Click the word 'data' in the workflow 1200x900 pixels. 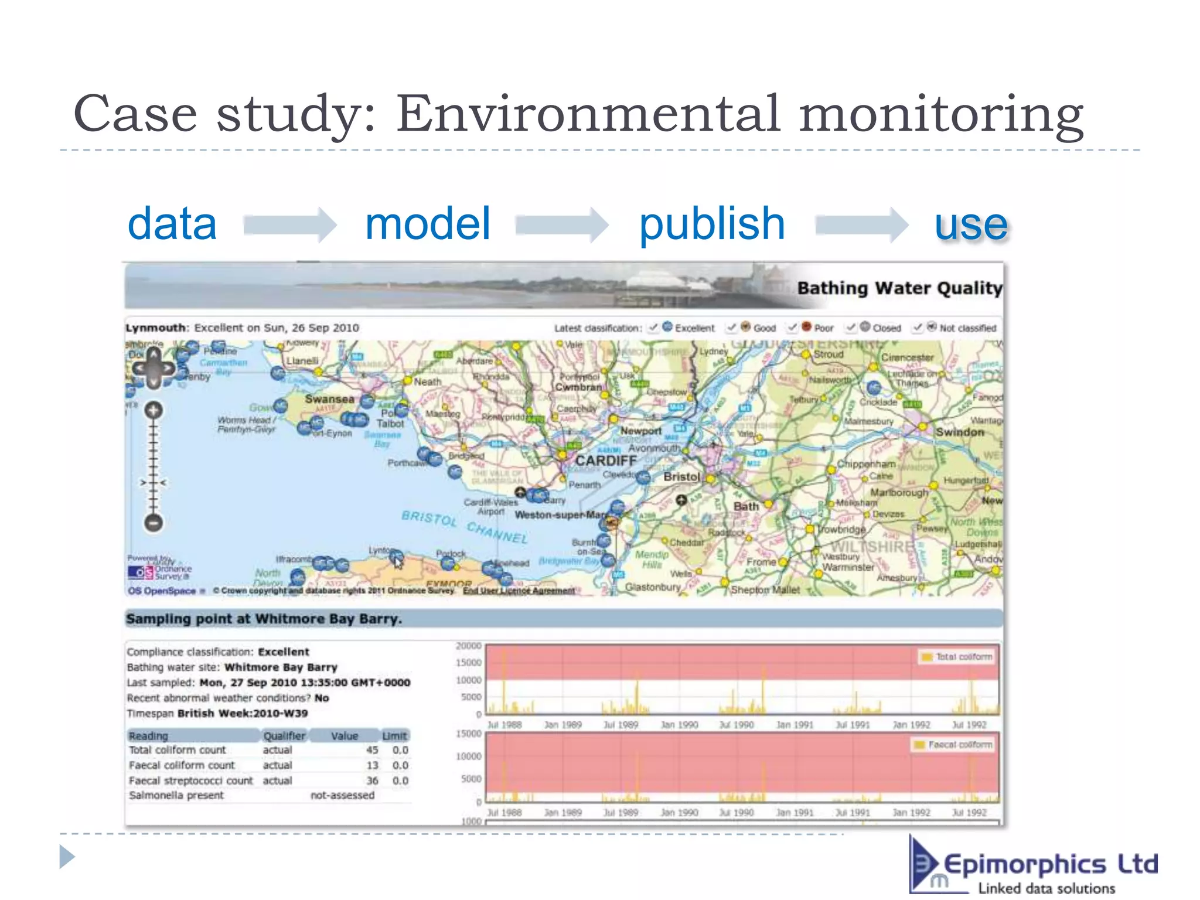pos(172,224)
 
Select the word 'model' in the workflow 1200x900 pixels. pos(427,224)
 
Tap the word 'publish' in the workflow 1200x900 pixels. pos(711,224)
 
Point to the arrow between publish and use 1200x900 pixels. pos(861,224)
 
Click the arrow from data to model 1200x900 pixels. pos(289,224)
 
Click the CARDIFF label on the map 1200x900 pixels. pos(605,461)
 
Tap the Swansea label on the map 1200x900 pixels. pos(329,399)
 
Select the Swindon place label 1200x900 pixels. pos(960,432)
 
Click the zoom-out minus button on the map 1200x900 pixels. pos(154,521)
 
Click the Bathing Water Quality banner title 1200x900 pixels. pos(899,288)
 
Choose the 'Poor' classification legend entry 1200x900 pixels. pos(817,328)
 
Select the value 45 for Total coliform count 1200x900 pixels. pos(372,750)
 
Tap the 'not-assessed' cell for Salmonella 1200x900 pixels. pos(342,795)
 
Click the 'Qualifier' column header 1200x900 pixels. pos(284,735)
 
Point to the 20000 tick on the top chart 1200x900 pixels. pos(468,646)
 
